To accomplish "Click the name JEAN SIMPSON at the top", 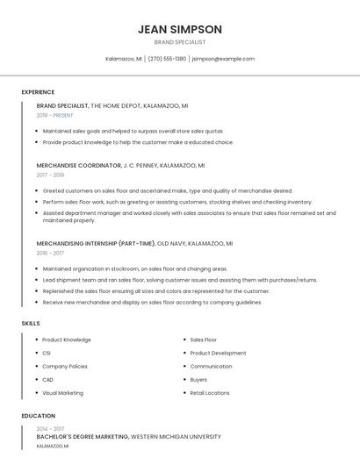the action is tap(180, 29).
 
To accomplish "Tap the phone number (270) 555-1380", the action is tap(167, 59).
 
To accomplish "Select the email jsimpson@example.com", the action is tap(223, 59).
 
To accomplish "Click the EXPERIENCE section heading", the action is tap(38, 92).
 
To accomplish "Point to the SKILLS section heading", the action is tap(31, 324).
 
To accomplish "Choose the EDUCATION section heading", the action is tap(39, 416).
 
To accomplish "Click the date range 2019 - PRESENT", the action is tap(55, 115).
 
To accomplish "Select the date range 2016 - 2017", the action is tap(50, 253).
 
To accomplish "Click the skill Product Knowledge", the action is tap(67, 340).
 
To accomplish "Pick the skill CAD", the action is tap(47, 379).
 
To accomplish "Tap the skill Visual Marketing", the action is tap(62, 393).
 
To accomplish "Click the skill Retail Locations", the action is tap(210, 393).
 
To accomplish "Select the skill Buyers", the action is tap(198, 379).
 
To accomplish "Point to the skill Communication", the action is tap(211, 366).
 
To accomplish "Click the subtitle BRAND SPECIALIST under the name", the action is tap(180, 42).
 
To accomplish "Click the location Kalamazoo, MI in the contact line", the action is tap(124, 59).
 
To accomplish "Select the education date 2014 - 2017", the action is tap(50, 428).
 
